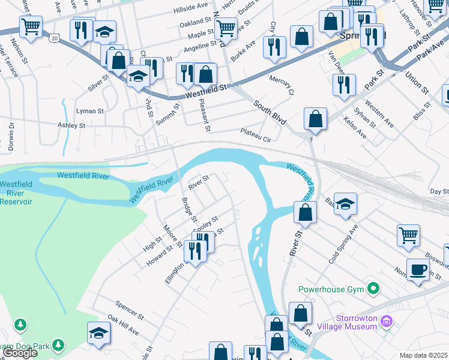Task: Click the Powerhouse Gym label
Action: pyautogui.click(x=331, y=289)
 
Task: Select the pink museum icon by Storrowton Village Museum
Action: pyautogui.click(x=387, y=322)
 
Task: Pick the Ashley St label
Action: pyautogui.click(x=72, y=126)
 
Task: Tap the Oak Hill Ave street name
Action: pyautogui.click(x=123, y=324)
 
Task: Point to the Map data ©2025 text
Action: pyautogui.click(x=424, y=355)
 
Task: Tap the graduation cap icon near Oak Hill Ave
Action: pyautogui.click(x=99, y=333)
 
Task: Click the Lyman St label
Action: pyautogui.click(x=90, y=111)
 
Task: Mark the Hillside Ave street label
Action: pyautogui.click(x=190, y=8)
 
